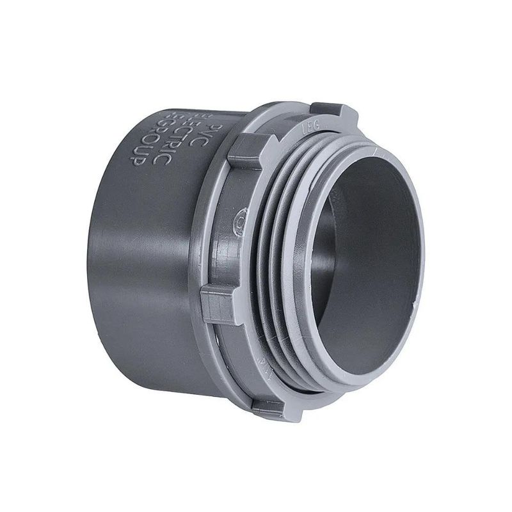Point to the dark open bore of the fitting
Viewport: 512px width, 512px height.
pyautogui.click(x=365, y=256)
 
